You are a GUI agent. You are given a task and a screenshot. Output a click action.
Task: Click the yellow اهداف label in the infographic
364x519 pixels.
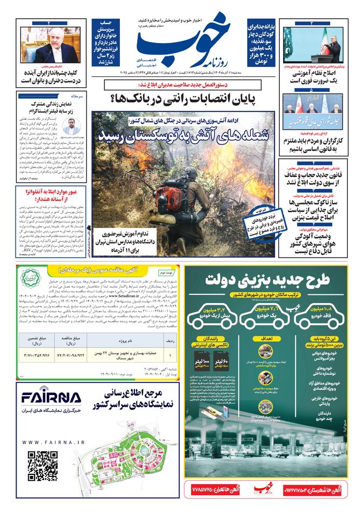point(268,338)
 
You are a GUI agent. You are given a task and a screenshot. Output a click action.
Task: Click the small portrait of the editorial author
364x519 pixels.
point(71,127)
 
